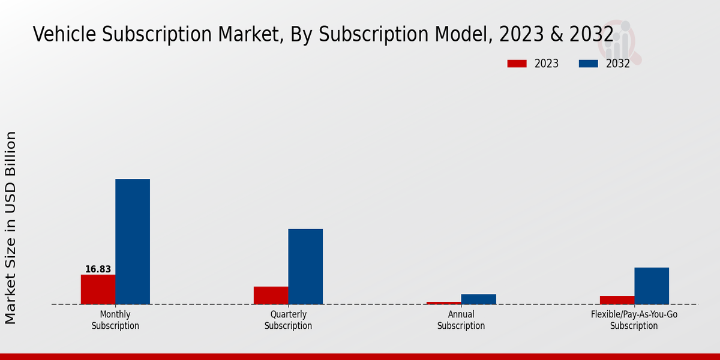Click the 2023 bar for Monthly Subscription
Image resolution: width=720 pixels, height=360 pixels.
[x=98, y=289]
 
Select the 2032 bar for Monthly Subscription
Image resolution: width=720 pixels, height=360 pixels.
[x=133, y=241]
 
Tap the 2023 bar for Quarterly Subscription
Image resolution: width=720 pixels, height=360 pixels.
[x=271, y=295]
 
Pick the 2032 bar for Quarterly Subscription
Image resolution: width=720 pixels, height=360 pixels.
[x=305, y=266]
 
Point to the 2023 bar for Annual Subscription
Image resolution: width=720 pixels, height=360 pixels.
[x=444, y=303]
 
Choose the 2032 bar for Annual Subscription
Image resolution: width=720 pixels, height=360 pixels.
[x=479, y=299]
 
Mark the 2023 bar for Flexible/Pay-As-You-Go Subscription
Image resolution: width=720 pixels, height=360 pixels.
[x=617, y=300]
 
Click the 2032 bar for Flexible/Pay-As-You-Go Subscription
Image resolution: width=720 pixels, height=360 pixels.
[x=652, y=286]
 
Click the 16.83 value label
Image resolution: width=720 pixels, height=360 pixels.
[x=98, y=269]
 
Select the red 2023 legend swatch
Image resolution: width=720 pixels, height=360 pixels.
[x=517, y=64]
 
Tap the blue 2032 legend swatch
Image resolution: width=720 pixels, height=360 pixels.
[x=588, y=64]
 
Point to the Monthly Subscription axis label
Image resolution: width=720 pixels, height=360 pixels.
[x=115, y=320]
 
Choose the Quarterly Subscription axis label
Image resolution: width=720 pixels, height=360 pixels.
[x=288, y=320]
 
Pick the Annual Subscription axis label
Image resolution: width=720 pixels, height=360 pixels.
[x=461, y=320]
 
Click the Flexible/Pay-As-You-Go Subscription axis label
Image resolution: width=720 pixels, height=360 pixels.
[x=634, y=320]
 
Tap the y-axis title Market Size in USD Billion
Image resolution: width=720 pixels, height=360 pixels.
[x=11, y=228]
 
